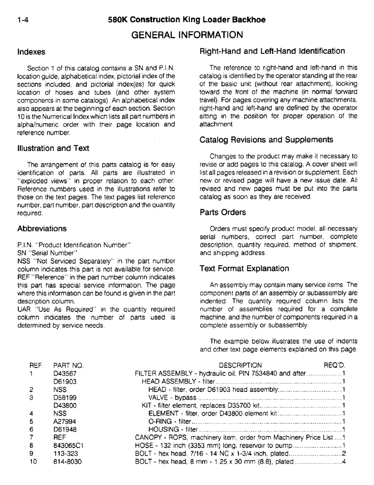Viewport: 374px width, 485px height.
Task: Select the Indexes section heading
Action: pos(31,51)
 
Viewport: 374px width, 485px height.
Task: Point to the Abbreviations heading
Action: pos(42,228)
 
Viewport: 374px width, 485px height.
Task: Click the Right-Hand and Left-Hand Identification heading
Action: pos(272,51)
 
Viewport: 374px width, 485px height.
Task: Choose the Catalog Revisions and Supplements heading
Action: pos(266,140)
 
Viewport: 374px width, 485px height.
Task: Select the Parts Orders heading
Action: pos(222,212)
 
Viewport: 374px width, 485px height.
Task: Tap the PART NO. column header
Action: pos(68,365)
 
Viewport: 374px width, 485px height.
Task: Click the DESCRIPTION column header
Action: pos(240,365)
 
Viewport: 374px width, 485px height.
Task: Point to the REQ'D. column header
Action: pos(334,365)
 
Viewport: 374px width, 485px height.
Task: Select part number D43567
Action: pos(65,373)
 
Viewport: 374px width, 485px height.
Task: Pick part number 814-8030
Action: pos(67,462)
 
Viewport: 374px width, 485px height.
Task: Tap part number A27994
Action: pos(64,421)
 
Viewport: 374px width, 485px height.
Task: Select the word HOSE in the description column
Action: pos(143,445)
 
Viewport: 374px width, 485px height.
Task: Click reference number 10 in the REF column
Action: pos(32,462)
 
